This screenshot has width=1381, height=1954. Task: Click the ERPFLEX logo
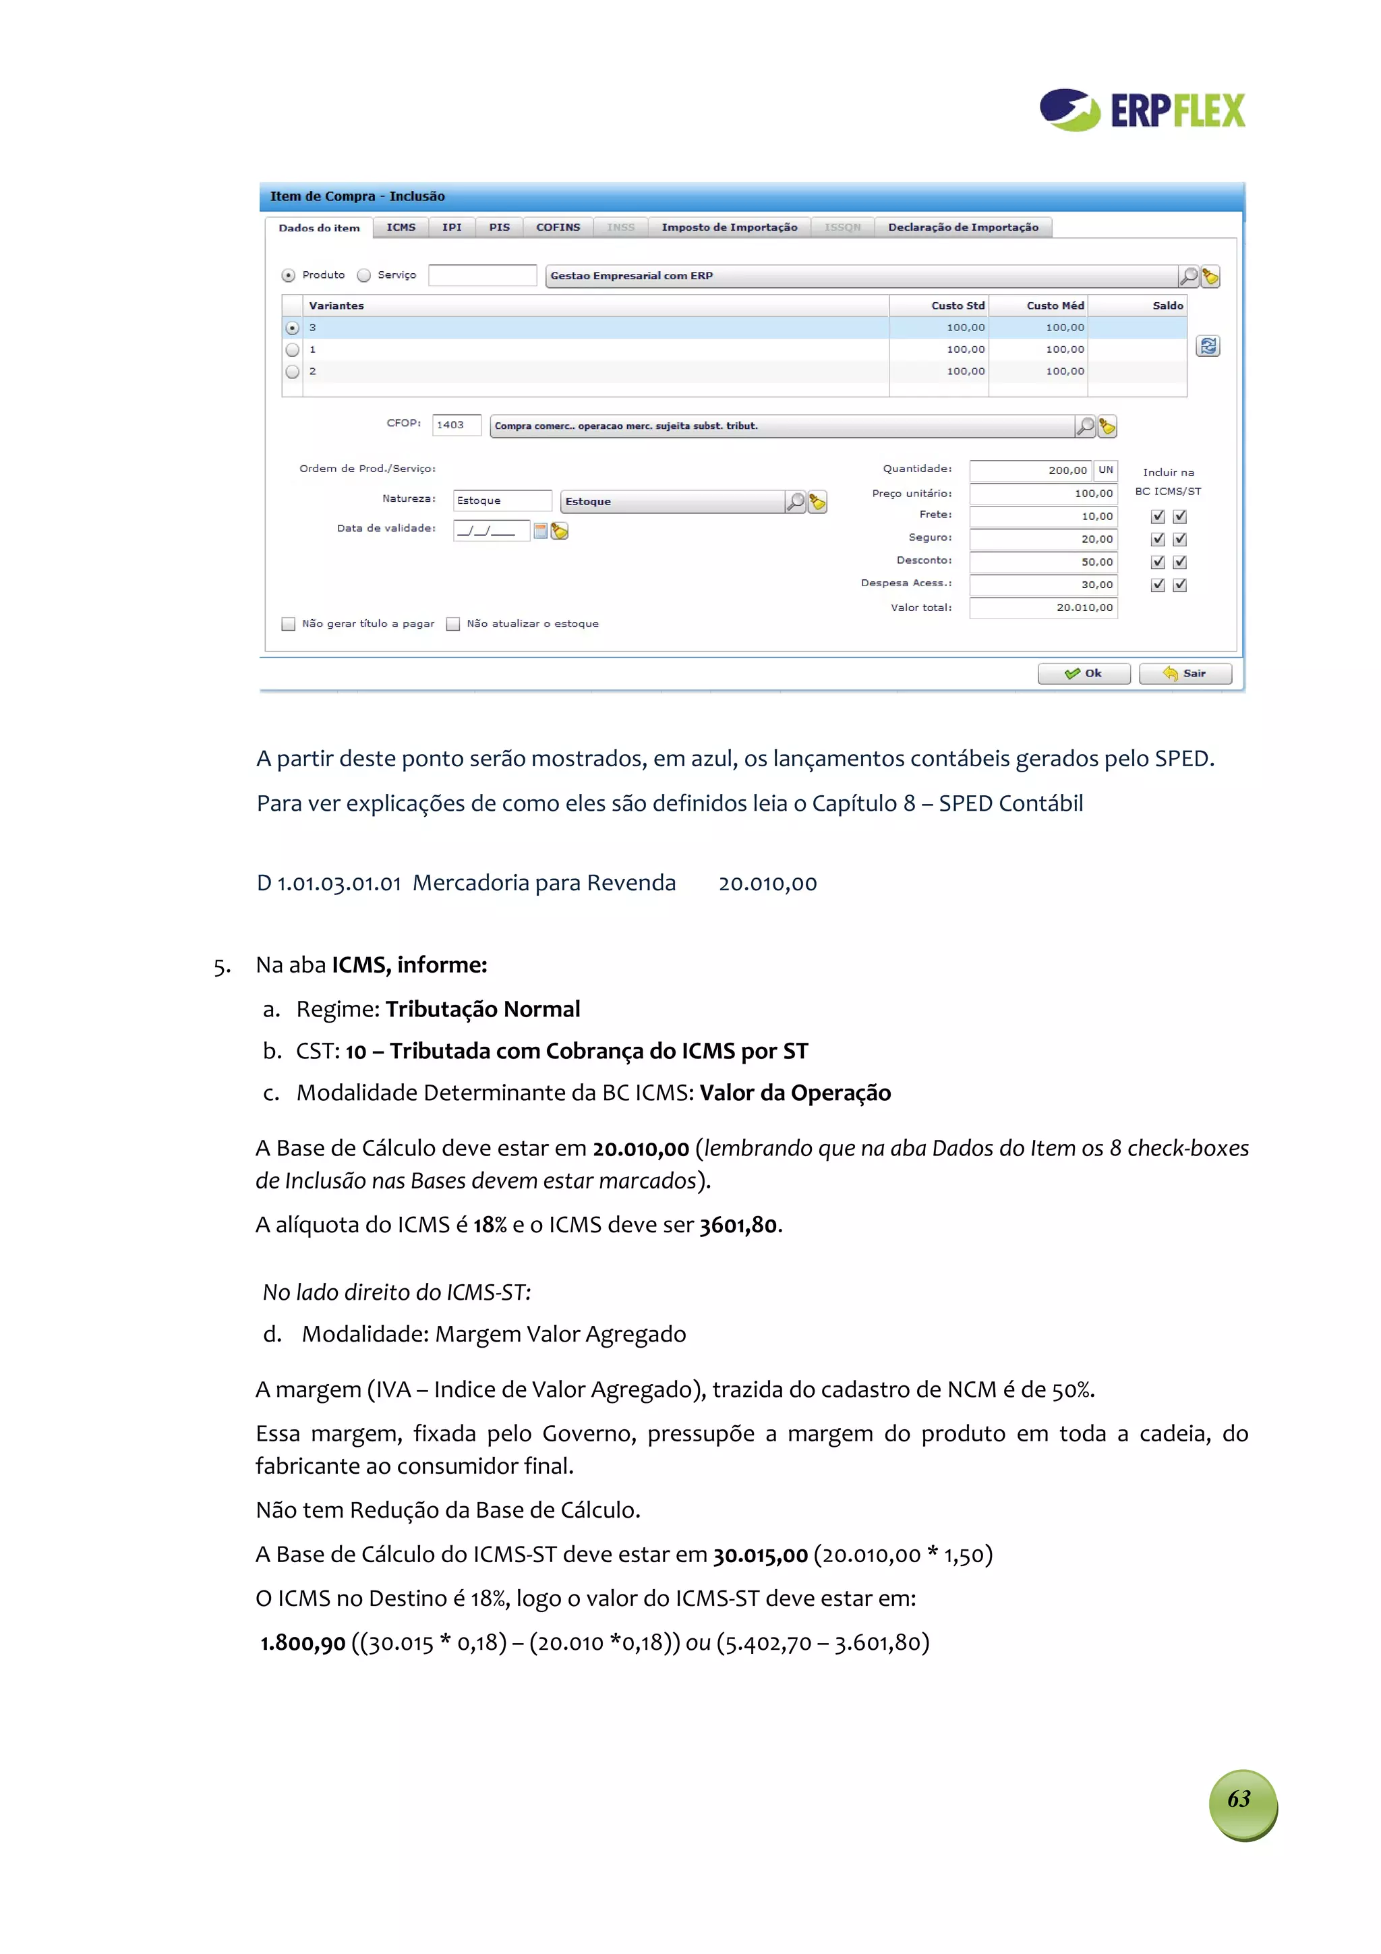pyautogui.click(x=1142, y=110)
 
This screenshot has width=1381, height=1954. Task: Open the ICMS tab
pyautogui.click(x=401, y=227)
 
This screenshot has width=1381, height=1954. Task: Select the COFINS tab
pyautogui.click(x=558, y=227)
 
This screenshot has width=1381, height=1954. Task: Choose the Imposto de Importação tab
pyautogui.click(x=729, y=227)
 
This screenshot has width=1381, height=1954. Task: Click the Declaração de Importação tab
pyautogui.click(x=962, y=227)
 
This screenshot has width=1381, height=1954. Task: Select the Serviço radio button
pyautogui.click(x=364, y=276)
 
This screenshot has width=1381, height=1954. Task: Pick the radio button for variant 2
pyautogui.click(x=293, y=372)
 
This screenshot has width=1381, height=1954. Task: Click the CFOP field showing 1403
pyautogui.click(x=456, y=425)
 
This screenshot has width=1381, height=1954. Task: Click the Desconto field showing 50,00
pyautogui.click(x=1042, y=563)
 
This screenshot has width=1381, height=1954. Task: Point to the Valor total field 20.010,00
pyautogui.click(x=1042, y=608)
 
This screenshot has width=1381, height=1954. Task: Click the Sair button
pyautogui.click(x=1185, y=673)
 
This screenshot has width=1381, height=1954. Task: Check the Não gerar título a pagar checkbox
pyautogui.click(x=289, y=624)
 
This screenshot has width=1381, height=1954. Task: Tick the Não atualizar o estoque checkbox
pyautogui.click(x=454, y=624)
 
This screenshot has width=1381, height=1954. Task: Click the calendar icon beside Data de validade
pyautogui.click(x=540, y=531)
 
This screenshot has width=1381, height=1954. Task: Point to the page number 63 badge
pyautogui.click(x=1242, y=1799)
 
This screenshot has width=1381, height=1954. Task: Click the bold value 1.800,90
pyautogui.click(x=303, y=1642)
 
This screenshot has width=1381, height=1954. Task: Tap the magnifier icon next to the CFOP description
pyautogui.click(x=1085, y=426)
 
